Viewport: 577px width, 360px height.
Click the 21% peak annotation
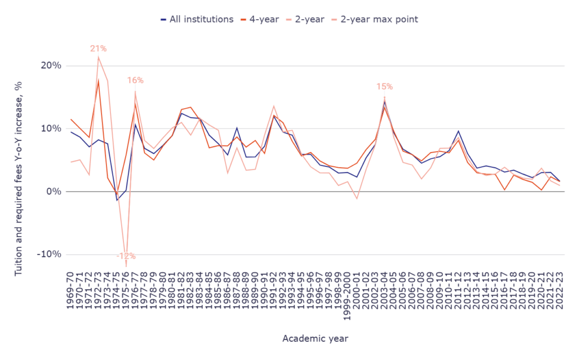pyautogui.click(x=98, y=48)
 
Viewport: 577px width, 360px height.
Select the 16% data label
pyautogui.click(x=135, y=81)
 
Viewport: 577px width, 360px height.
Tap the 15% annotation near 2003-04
pyautogui.click(x=385, y=87)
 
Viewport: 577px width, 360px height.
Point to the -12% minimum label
pyautogui.click(x=126, y=256)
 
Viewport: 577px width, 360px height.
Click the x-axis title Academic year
pyautogui.click(x=316, y=339)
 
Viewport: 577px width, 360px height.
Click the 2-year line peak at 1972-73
pyautogui.click(x=98, y=57)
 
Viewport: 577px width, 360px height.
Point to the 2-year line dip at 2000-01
pyautogui.click(x=357, y=199)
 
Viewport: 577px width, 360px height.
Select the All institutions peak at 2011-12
pyautogui.click(x=458, y=131)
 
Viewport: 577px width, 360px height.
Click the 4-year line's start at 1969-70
pyautogui.click(x=70, y=119)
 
